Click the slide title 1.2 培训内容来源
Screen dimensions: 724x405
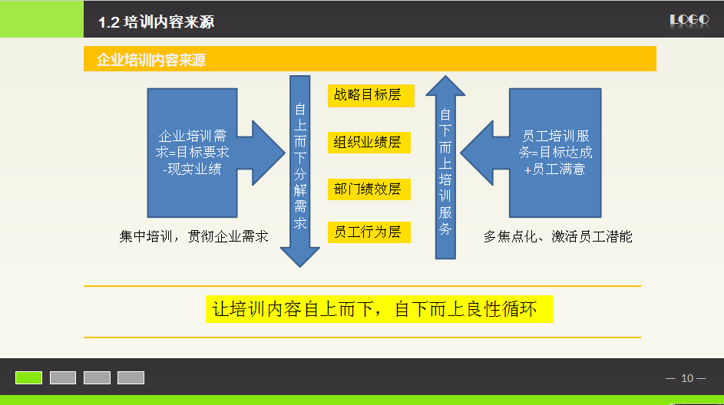coord(156,21)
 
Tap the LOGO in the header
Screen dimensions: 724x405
coord(689,20)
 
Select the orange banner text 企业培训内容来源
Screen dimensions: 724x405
coord(151,60)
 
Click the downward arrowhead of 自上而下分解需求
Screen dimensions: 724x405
coord(299,257)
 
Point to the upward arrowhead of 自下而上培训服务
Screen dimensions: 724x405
coord(445,86)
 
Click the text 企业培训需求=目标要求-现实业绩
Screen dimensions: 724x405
coord(192,153)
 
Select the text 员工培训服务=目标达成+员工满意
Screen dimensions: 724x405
coord(555,153)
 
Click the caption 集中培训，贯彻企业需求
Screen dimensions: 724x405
coord(193,237)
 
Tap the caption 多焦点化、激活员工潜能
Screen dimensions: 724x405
coord(557,237)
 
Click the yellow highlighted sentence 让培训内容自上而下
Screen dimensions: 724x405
coord(293,309)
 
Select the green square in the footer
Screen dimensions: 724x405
coord(28,378)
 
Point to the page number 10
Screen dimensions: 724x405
coord(687,378)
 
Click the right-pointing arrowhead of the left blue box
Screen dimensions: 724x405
coord(268,153)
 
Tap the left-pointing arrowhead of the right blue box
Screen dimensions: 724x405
coord(477,153)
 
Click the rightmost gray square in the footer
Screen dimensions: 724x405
coord(131,378)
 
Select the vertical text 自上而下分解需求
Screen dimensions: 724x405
coord(300,166)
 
